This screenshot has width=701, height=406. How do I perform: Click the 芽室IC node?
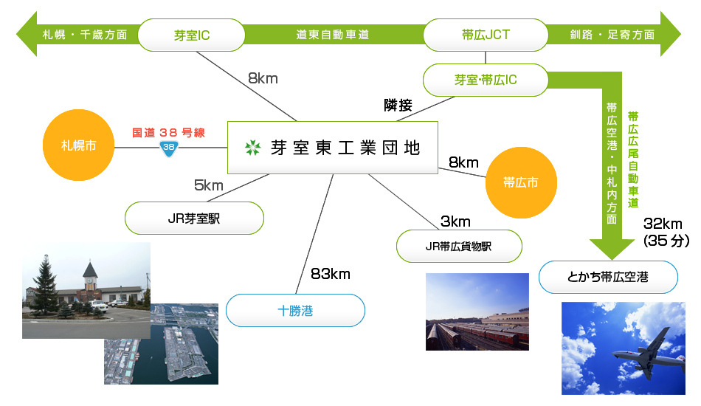coord(191,35)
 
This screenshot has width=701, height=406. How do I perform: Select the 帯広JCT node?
coord(486,35)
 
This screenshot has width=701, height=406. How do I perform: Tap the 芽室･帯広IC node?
coord(486,80)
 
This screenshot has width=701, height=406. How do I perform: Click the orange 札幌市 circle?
coord(79,145)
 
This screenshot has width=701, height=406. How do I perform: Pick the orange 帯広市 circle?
coord(521,182)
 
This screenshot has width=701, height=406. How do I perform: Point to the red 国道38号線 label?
coord(168,132)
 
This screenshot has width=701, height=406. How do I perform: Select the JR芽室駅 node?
coord(194,219)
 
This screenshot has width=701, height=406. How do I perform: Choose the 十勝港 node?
coord(295,310)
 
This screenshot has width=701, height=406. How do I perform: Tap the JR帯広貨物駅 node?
coord(459,246)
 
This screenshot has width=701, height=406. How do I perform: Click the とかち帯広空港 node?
coord(608,278)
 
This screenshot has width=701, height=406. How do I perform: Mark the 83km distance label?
coord(331,274)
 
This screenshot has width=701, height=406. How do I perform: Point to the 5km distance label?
coord(208,185)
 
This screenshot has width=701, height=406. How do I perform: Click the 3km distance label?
coord(455,221)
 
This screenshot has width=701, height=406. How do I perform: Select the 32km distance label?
coord(663,224)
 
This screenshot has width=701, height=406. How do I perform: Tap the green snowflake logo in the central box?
coord(252,148)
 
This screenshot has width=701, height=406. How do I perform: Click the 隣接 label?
coord(398,106)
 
